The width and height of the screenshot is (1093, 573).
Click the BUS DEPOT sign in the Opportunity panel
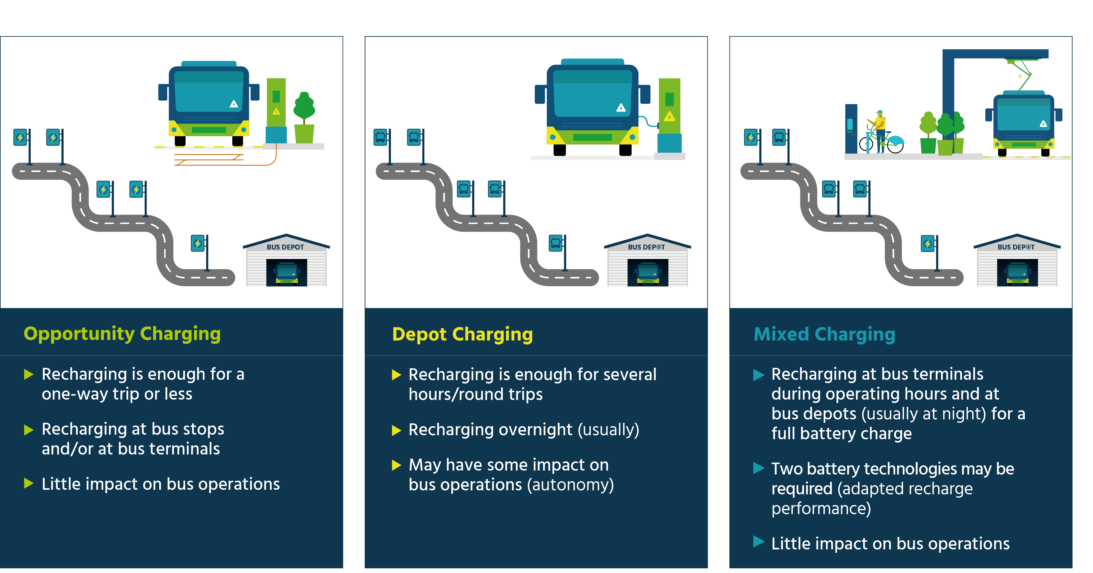285,247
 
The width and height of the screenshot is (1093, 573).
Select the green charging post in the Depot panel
670,106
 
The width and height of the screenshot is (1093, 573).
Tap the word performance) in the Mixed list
821,508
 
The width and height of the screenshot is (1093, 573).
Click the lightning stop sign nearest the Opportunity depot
198,243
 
